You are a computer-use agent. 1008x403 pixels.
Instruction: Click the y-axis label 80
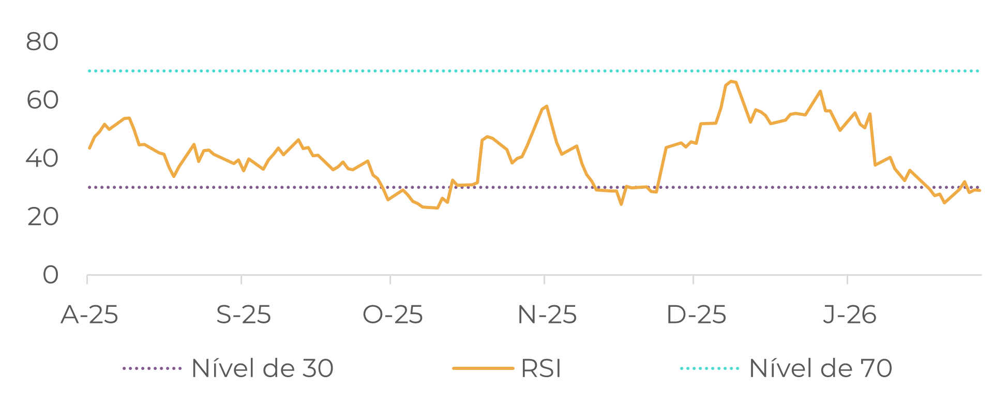point(42,42)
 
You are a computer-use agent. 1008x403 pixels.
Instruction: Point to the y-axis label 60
point(42,100)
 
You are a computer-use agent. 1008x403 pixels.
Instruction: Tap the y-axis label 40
point(42,159)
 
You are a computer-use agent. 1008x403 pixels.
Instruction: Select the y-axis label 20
point(42,217)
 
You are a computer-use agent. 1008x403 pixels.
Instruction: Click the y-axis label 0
point(50,275)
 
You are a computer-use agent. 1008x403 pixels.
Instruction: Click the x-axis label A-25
point(89,315)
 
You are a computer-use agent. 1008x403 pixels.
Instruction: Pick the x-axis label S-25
point(244,315)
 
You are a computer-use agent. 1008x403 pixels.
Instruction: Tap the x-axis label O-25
point(393,315)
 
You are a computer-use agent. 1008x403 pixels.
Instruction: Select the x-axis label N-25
point(547,315)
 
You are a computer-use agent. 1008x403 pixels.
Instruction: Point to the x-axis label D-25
point(696,315)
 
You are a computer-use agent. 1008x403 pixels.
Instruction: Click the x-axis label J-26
point(850,315)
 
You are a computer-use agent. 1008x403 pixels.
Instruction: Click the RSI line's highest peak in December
point(731,81)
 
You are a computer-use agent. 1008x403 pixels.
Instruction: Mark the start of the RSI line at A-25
point(89,148)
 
